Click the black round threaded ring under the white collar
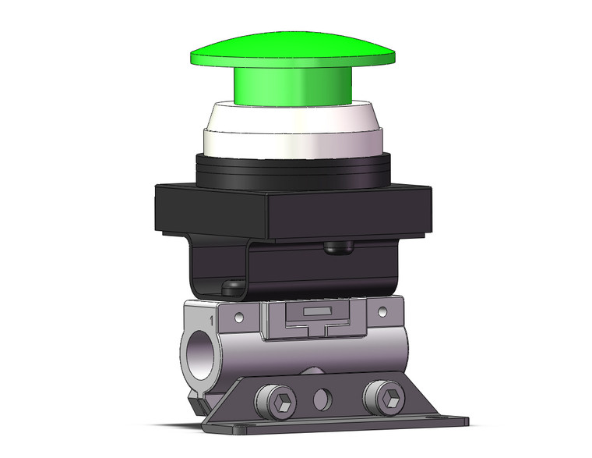(294, 169)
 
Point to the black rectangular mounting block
(293, 211)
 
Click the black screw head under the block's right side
(338, 248)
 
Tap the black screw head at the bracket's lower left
(231, 288)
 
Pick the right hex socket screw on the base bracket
(386, 399)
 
